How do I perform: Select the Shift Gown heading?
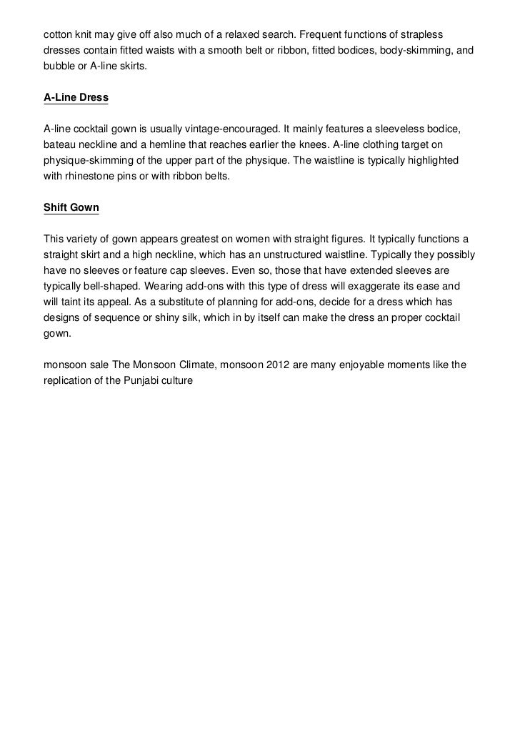click(71, 208)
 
